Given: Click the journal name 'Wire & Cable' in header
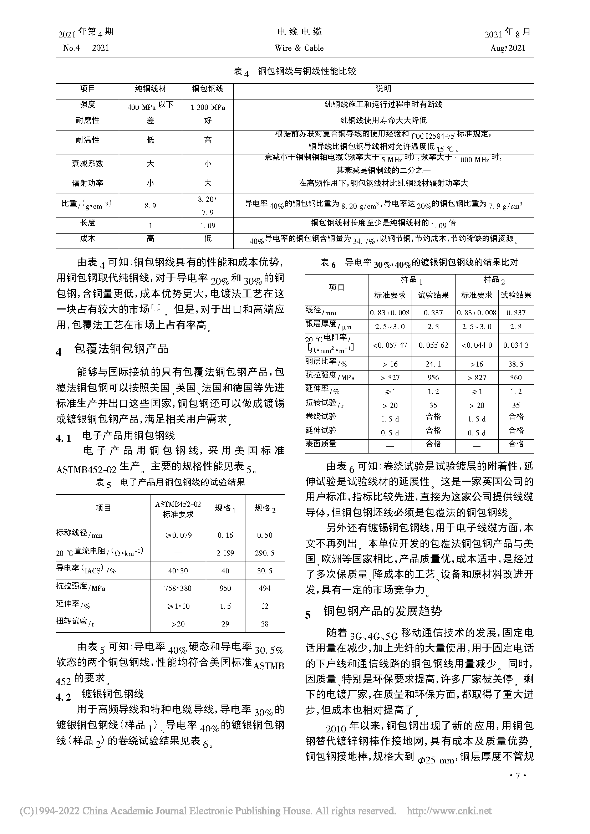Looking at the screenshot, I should pyautogui.click(x=299, y=48).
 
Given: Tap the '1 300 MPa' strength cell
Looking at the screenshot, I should pyautogui.click(x=208, y=107).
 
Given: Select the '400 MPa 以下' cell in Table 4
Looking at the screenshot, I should pyautogui.click(x=150, y=106).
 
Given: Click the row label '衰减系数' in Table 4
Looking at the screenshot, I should pyautogui.click(x=87, y=163).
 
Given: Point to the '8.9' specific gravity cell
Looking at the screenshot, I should pyautogui.click(x=150, y=206).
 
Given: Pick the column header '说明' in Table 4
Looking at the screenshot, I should pyautogui.click(x=383, y=89).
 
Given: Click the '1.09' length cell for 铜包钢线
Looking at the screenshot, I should pyautogui.click(x=208, y=226).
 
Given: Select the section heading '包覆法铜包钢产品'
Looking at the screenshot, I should pyautogui.click(x=121, y=349).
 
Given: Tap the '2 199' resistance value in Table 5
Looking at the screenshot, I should pyautogui.click(x=225, y=553).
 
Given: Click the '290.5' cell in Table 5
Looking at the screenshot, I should pyautogui.click(x=264, y=553).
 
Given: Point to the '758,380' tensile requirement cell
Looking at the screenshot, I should pyautogui.click(x=178, y=588).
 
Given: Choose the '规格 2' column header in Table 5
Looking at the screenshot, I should pyautogui.click(x=264, y=508).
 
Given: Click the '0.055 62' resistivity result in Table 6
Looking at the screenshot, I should pyautogui.click(x=433, y=345).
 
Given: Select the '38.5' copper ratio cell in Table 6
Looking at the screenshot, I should pyautogui.click(x=516, y=364).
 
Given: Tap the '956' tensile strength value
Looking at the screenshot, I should pyautogui.click(x=433, y=377).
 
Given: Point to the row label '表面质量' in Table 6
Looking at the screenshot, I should pyautogui.click(x=321, y=444).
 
